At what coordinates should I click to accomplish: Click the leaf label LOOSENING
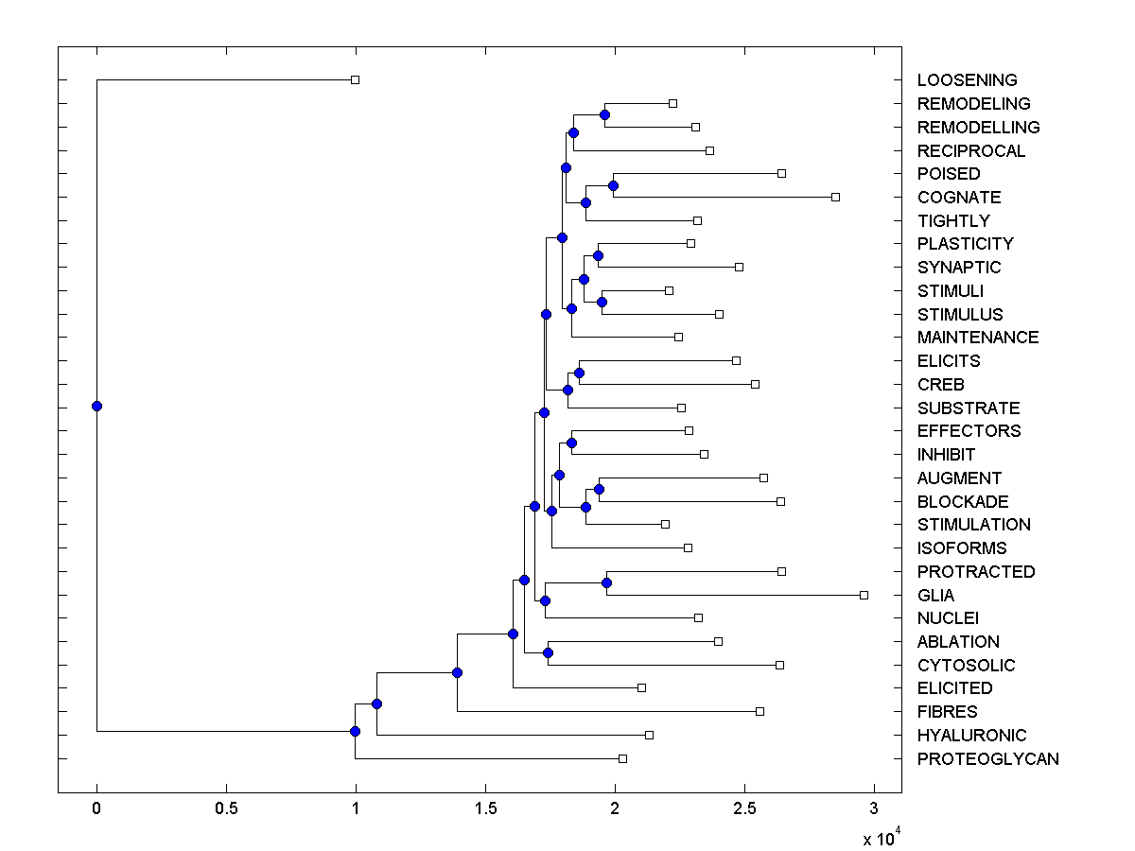pos(967,80)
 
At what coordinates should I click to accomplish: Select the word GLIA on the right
pos(935,596)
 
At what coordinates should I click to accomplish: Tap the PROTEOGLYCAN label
pos(987,759)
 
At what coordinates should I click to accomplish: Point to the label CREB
pos(940,385)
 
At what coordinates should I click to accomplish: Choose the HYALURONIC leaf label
pos(971,736)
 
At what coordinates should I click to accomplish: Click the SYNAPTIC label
pos(958,268)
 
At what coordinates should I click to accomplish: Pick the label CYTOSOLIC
pos(966,666)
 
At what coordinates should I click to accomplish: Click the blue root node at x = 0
pos(96,407)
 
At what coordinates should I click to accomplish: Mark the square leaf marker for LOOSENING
pos(356,80)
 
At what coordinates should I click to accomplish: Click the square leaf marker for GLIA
pos(864,595)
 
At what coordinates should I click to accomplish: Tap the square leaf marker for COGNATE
pos(835,197)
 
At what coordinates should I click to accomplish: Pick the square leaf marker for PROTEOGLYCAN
pos(622,758)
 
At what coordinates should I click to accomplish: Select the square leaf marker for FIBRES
pos(760,711)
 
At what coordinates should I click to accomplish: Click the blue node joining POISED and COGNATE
pos(613,185)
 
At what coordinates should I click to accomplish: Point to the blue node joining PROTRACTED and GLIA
pos(607,583)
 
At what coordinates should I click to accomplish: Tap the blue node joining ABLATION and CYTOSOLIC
pos(548,652)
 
